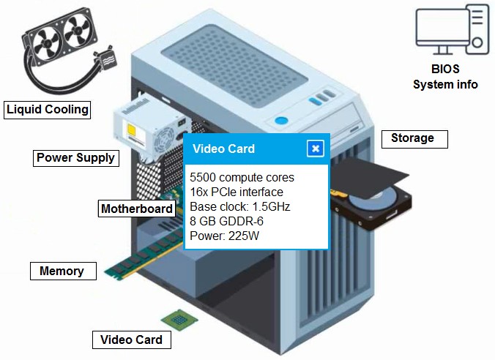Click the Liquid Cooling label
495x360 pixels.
pyautogui.click(x=48, y=110)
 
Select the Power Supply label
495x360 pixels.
pyautogui.click(x=75, y=157)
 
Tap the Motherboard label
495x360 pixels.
pyautogui.click(x=137, y=209)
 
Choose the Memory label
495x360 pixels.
pyautogui.click(x=62, y=271)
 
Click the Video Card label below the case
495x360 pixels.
pyautogui.click(x=131, y=340)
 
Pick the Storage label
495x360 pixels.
pyautogui.click(x=412, y=138)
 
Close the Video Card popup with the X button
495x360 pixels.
pyautogui.click(x=316, y=149)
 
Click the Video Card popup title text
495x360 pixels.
pyautogui.click(x=223, y=149)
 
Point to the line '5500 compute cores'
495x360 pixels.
pyautogui.click(x=242, y=178)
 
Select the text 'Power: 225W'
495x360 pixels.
pyautogui.click(x=224, y=236)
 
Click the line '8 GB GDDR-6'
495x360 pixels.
pyautogui.click(x=226, y=221)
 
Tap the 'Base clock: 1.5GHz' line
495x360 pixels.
pyautogui.click(x=239, y=206)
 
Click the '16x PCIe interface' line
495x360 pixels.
pyautogui.click(x=236, y=192)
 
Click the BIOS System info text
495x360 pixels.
pyautogui.click(x=445, y=78)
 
